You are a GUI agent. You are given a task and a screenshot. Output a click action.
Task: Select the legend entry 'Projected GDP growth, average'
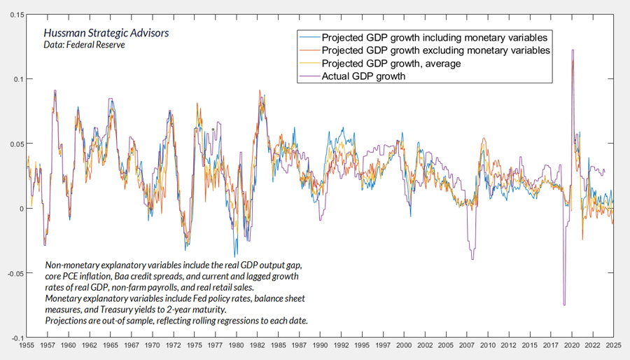391,64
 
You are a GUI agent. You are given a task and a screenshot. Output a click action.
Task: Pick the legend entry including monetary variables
435,37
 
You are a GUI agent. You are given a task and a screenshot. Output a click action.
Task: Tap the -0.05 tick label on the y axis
13,274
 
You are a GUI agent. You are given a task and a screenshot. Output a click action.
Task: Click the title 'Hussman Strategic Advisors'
106,33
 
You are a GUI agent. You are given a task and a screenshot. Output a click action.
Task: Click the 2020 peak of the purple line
573,50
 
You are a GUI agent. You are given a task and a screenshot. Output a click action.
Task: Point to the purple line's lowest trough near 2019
564,305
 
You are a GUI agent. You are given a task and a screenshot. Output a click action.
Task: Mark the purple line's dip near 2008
472,259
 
